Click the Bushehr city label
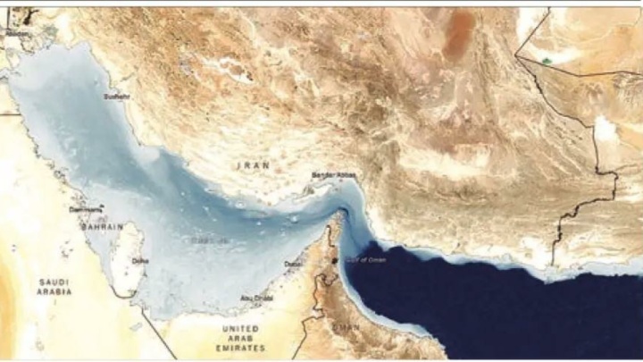click(116, 96)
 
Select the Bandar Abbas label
click(333, 174)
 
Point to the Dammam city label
click(87, 208)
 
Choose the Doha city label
click(140, 261)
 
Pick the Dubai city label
click(293, 264)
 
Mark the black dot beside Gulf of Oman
click(336, 261)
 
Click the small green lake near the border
click(547, 61)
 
